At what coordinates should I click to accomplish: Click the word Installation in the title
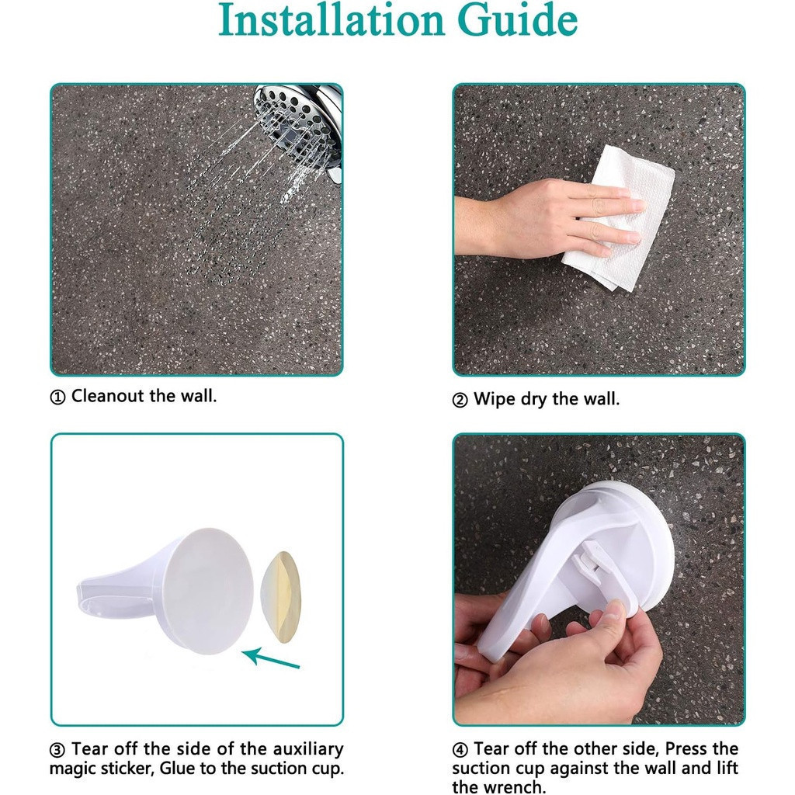click(x=331, y=19)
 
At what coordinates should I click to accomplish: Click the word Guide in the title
click(x=517, y=19)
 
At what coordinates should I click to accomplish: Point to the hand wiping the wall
click(x=547, y=218)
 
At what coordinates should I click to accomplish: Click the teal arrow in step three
click(x=271, y=657)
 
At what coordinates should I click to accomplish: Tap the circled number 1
click(x=57, y=397)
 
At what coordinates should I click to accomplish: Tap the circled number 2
click(x=460, y=400)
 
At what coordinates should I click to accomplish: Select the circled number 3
click(x=57, y=749)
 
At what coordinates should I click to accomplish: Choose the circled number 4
click(x=460, y=749)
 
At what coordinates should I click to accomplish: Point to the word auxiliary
click(x=307, y=749)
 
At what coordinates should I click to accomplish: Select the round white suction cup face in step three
click(x=210, y=591)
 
